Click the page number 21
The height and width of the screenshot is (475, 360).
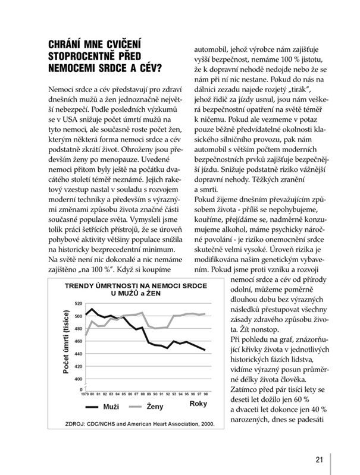point(319,458)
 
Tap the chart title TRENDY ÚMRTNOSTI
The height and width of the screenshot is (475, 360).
point(106,285)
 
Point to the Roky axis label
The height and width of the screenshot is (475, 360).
point(198,405)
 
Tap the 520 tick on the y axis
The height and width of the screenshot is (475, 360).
point(79,303)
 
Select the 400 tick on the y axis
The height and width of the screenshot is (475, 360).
point(79,378)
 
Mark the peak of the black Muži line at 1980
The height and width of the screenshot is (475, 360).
point(92,309)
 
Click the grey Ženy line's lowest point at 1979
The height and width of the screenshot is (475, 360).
point(86,335)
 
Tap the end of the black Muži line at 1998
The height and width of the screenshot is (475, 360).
point(206,350)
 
